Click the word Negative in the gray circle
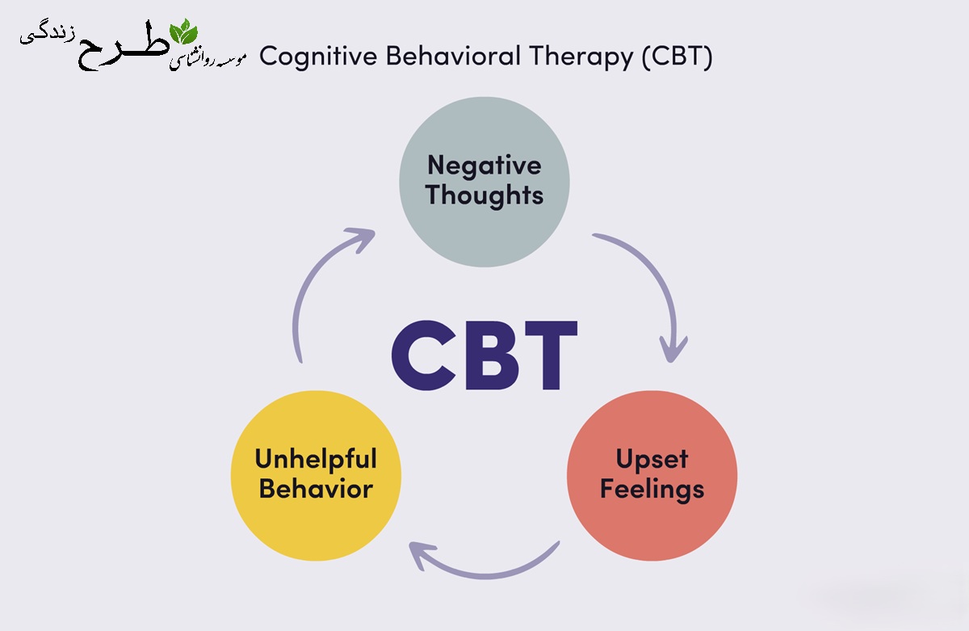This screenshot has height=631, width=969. click(484, 166)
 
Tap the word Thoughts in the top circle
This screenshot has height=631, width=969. click(484, 196)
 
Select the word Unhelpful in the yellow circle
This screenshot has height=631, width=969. click(316, 460)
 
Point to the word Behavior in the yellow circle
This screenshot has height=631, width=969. click(316, 489)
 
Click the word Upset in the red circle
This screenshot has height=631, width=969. click(652, 460)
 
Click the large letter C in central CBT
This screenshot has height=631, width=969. click(424, 355)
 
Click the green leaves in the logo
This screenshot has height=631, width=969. click(184, 32)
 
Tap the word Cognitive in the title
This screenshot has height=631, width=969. click(318, 57)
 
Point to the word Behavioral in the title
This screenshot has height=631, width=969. click(453, 56)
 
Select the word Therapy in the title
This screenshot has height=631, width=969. click(581, 57)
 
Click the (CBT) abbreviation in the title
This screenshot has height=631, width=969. click(677, 57)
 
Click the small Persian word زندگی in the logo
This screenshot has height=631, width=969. click(48, 36)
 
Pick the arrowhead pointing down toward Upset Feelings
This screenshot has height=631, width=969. click(673, 349)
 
